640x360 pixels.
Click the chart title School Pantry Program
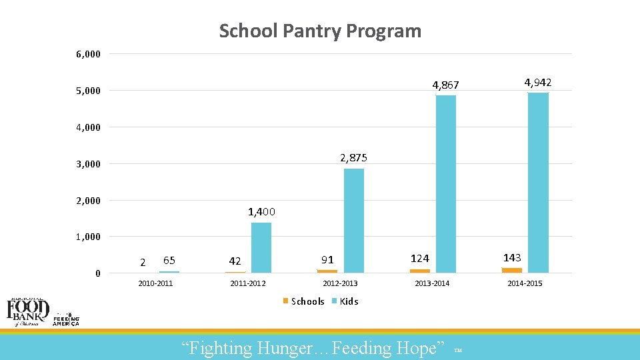point(320,31)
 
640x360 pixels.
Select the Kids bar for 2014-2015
point(538,183)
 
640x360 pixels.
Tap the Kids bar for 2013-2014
point(446,184)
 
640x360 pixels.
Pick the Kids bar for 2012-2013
point(354,221)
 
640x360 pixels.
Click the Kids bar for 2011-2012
point(261,247)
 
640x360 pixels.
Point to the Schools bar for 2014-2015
point(512,270)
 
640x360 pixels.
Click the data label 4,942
point(537,83)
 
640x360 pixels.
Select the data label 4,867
point(445,85)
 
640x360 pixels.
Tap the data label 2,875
point(353,158)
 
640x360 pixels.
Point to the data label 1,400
point(261,212)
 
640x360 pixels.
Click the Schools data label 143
point(512,257)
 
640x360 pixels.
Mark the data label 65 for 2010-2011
point(169,260)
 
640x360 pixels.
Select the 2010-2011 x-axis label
point(155,283)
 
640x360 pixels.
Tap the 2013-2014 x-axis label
point(432,283)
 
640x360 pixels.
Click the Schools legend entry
point(304,301)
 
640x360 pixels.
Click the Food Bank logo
point(28,311)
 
